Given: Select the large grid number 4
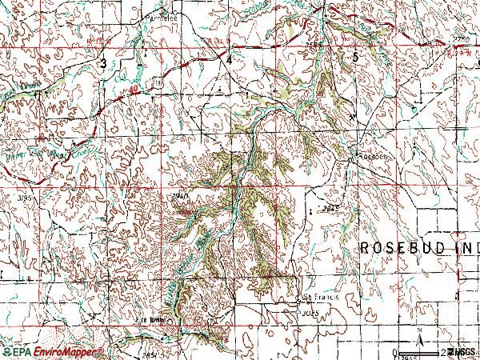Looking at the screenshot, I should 229,59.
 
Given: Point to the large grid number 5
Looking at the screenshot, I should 355,55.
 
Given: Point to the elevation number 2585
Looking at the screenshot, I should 314,46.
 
